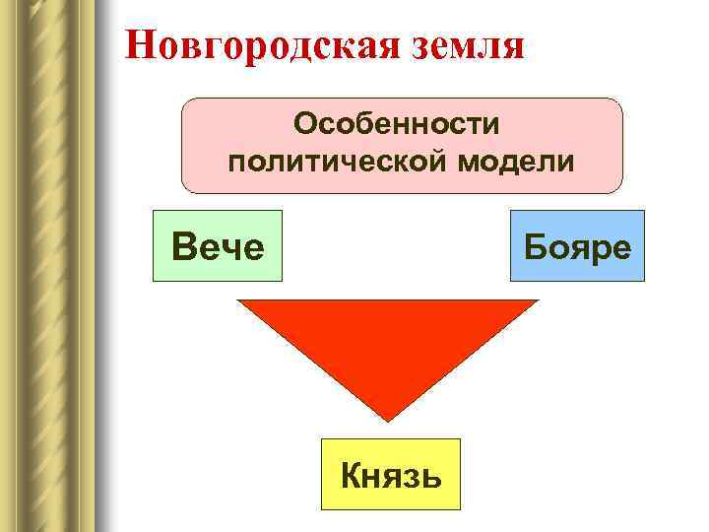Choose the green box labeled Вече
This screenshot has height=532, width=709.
pyautogui.click(x=217, y=246)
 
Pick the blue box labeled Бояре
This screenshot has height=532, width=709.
pyautogui.click(x=577, y=246)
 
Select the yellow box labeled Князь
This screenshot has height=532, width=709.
pyautogui.click(x=390, y=475)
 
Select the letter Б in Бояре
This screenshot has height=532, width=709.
pyautogui.click(x=537, y=246)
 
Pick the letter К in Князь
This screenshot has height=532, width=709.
pyautogui.click(x=351, y=476)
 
